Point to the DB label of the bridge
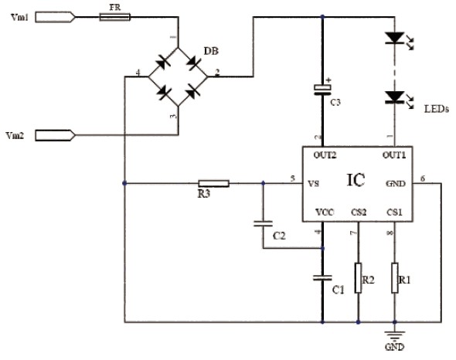[x=210, y=51]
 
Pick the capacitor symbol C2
[x=263, y=225]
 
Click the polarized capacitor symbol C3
[x=322, y=89]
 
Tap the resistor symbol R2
[x=359, y=279]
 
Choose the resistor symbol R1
[x=395, y=279]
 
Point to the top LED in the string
[x=396, y=37]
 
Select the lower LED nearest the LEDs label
[x=396, y=97]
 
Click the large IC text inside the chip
[x=356, y=181]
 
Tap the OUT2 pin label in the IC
[x=324, y=155]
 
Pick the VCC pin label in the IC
[x=323, y=212]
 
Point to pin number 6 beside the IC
[x=422, y=179]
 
